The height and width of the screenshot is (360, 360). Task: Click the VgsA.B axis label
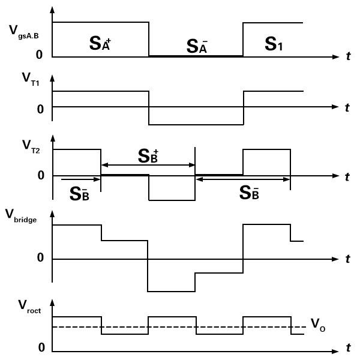tap(24, 32)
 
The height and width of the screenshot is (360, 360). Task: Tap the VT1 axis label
tap(31, 79)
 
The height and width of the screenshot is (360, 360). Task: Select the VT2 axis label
tap(31, 146)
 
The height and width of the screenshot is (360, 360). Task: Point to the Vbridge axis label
tap(20, 216)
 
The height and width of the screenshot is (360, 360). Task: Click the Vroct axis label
tap(29, 307)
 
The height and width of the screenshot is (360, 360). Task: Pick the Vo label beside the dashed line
tap(318, 325)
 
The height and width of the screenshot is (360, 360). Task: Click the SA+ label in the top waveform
tap(100, 44)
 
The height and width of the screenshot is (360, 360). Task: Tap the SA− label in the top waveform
tap(197, 46)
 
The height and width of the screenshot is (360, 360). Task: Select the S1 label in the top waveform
tap(274, 44)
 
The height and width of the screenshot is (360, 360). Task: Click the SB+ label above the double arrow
tap(148, 156)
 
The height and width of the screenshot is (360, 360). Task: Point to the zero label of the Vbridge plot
tap(40, 257)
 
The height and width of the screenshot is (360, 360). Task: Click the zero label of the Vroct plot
tap(41, 347)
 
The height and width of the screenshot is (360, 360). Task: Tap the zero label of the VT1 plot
tap(40, 109)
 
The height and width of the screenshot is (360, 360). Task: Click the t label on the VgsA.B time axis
tap(349, 56)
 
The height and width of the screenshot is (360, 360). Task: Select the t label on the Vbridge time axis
tap(348, 259)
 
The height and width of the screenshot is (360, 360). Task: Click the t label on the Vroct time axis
tap(349, 347)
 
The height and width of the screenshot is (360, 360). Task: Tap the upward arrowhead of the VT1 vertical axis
tap(52, 78)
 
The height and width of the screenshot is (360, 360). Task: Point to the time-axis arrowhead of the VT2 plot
tap(335, 176)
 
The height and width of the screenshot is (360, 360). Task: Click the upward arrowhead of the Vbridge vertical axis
tap(52, 214)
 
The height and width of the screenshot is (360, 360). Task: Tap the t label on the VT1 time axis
tap(347, 107)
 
